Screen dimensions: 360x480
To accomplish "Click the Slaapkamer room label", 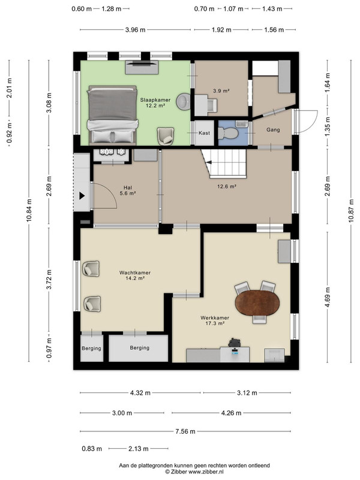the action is tap(155, 103).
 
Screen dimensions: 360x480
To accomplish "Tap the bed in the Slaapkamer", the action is tap(112, 115).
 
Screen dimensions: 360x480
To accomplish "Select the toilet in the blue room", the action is tap(228, 133).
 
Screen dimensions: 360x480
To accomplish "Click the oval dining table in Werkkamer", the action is tap(257, 303).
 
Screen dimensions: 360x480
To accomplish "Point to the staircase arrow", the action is tap(208, 163).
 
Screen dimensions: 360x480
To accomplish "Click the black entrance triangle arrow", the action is tap(82, 196).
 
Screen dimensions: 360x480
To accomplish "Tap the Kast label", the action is tap(204, 133).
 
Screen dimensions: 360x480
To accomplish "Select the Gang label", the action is tap(273, 130).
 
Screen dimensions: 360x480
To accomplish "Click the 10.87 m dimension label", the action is tap(351, 211).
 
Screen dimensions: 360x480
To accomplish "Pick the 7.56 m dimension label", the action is tap(185, 431).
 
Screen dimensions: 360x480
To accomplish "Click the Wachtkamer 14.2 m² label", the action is tap(135, 275).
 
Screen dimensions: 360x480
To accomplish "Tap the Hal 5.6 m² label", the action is tap(128, 190).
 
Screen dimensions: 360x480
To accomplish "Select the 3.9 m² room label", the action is tap(221, 91).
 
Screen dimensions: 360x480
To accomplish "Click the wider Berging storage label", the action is tap(140, 347).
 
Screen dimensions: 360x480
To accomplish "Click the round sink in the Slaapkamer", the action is tap(183, 101).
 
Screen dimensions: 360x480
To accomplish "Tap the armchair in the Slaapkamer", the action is tap(166, 136).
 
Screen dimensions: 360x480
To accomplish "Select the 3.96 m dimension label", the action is tap(136, 29).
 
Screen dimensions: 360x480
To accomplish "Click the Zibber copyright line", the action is tap(194, 472).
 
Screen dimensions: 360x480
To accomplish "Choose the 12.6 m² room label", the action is tap(227, 186).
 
